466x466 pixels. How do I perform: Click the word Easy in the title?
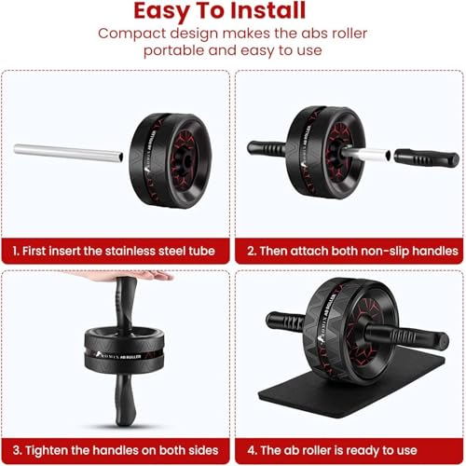[171, 12]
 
